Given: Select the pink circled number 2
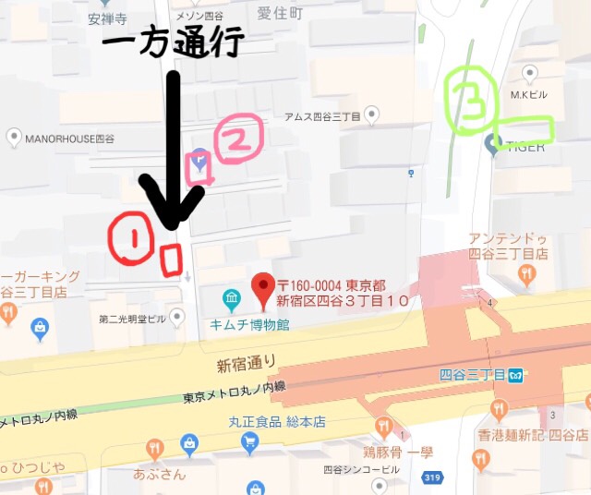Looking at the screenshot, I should point(238,140).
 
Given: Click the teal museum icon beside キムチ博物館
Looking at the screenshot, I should point(231,299).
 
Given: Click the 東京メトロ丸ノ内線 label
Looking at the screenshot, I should point(235,394).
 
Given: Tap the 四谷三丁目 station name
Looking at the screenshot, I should point(472,375).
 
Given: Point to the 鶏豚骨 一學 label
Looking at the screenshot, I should point(397,452).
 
